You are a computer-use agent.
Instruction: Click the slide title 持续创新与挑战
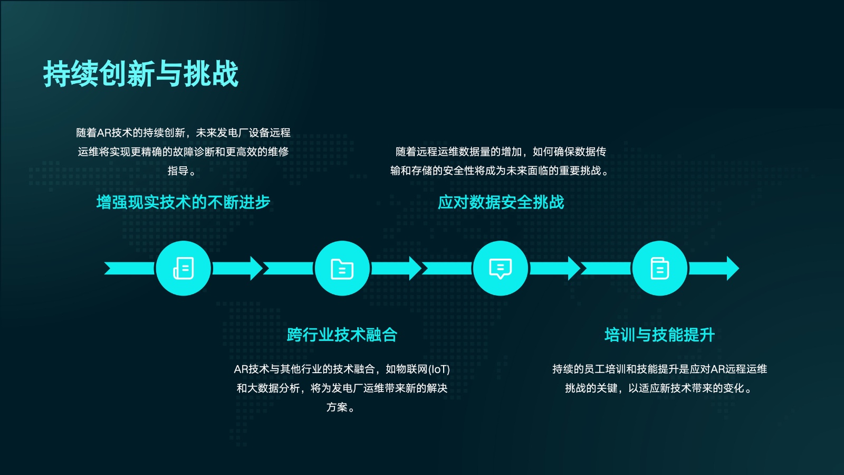(141, 73)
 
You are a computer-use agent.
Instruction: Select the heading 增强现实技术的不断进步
(184, 202)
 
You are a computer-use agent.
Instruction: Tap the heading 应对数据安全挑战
(501, 202)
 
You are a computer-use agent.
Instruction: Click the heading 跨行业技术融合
(342, 335)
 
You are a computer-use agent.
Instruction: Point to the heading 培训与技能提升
(659, 335)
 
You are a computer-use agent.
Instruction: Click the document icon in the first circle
(184, 268)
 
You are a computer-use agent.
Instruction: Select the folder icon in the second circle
(342, 269)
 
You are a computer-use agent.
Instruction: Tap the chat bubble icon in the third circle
(501, 269)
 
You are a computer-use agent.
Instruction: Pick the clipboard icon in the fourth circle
(660, 268)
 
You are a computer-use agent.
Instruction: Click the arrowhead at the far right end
(733, 268)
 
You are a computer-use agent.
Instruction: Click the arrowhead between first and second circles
(256, 268)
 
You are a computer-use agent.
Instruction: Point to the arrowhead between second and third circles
(415, 268)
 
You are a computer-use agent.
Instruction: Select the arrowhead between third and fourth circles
(574, 268)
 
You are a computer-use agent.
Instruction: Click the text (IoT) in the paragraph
(439, 369)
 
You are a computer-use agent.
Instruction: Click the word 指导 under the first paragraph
(178, 171)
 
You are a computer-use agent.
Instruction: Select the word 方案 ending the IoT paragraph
(337, 407)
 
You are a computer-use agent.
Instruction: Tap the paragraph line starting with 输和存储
(500, 171)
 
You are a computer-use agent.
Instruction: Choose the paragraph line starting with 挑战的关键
(659, 388)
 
